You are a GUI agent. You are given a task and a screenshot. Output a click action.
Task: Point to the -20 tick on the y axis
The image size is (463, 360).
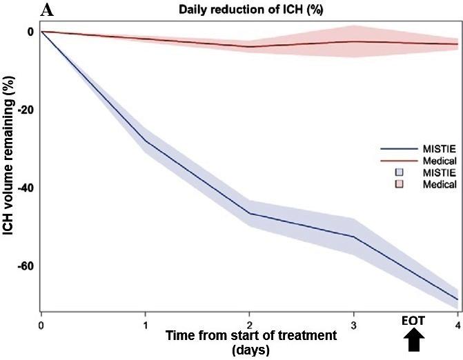(x=26, y=110)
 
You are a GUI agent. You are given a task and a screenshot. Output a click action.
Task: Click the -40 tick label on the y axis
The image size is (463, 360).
(x=26, y=188)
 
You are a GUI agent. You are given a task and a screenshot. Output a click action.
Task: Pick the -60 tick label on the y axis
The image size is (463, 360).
(x=26, y=266)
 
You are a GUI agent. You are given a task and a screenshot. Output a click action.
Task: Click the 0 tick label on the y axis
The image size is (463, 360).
(x=30, y=32)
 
